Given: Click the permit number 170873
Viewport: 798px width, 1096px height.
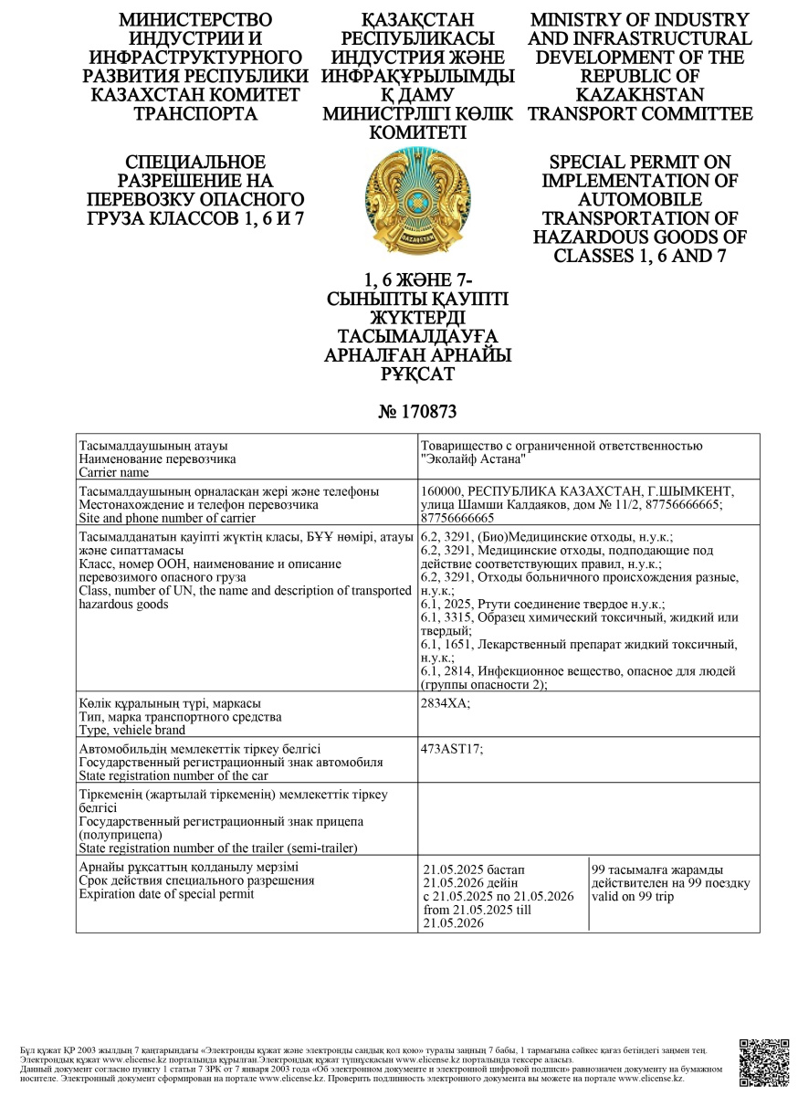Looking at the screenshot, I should (417, 412).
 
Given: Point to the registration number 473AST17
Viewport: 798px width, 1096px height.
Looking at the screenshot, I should (452, 749).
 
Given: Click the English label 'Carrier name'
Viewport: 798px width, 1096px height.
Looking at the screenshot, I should (113, 472).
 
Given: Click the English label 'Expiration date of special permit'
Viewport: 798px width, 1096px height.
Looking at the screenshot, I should (166, 893).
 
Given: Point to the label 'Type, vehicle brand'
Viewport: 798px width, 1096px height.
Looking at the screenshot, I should (132, 730).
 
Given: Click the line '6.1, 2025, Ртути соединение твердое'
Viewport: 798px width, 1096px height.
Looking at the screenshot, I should (542, 605).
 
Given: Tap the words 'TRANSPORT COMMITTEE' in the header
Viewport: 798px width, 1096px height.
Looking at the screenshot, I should (640, 113).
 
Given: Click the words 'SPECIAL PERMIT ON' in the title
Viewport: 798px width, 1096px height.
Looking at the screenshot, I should (640, 162).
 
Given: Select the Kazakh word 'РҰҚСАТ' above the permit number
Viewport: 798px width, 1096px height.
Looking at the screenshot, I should (417, 374).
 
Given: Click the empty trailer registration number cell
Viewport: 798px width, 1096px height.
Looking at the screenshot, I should (587, 819).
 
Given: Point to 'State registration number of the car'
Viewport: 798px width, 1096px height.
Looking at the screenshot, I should (173, 775).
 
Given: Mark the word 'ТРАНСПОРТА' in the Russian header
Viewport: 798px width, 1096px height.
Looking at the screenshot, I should (195, 113).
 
